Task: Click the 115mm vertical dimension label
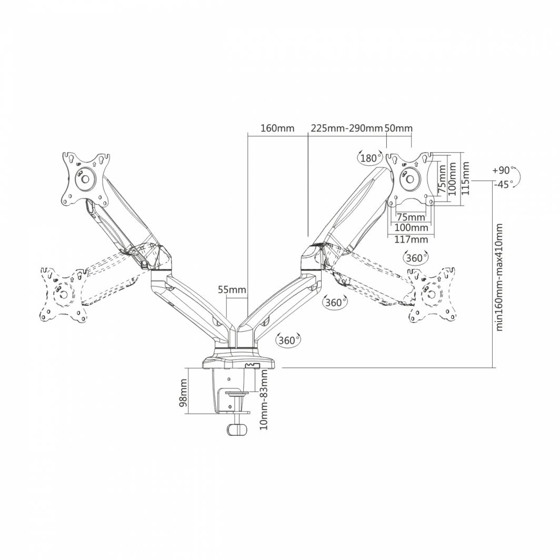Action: (x=466, y=178)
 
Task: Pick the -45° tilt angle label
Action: (x=504, y=184)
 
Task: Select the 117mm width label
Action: (x=411, y=239)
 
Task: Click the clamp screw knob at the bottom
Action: (x=237, y=428)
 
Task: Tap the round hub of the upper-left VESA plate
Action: (x=84, y=179)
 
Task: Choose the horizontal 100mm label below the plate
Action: (x=411, y=228)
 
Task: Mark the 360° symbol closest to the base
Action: (x=287, y=340)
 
